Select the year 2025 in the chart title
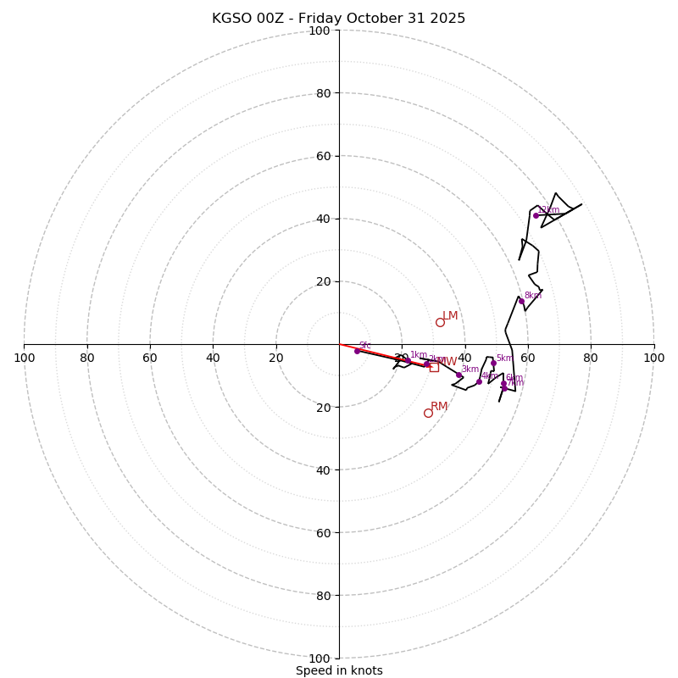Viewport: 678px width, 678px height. [x=447, y=19]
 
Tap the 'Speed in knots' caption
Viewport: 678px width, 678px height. [x=339, y=670]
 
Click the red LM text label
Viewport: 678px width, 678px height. [x=450, y=316]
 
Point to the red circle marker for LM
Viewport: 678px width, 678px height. [x=440, y=322]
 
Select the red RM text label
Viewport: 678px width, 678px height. [x=439, y=407]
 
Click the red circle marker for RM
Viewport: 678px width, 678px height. [x=428, y=413]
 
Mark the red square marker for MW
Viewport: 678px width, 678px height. [x=434, y=367]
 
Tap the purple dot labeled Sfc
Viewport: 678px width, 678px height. [x=357, y=351]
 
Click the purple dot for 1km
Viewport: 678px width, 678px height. [x=408, y=361]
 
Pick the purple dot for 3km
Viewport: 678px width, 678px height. [x=458, y=375]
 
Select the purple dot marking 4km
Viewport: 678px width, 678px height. [x=479, y=381]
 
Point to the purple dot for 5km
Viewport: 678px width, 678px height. [x=493, y=363]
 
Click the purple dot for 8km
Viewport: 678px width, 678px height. [x=521, y=302]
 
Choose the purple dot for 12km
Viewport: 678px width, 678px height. [x=536, y=215]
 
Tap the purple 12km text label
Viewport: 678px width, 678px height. [x=548, y=210]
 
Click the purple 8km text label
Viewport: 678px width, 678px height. [x=533, y=296]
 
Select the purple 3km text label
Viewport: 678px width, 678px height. [x=470, y=369]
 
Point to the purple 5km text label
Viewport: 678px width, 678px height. [x=505, y=358]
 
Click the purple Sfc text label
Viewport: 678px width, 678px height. [x=365, y=346]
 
